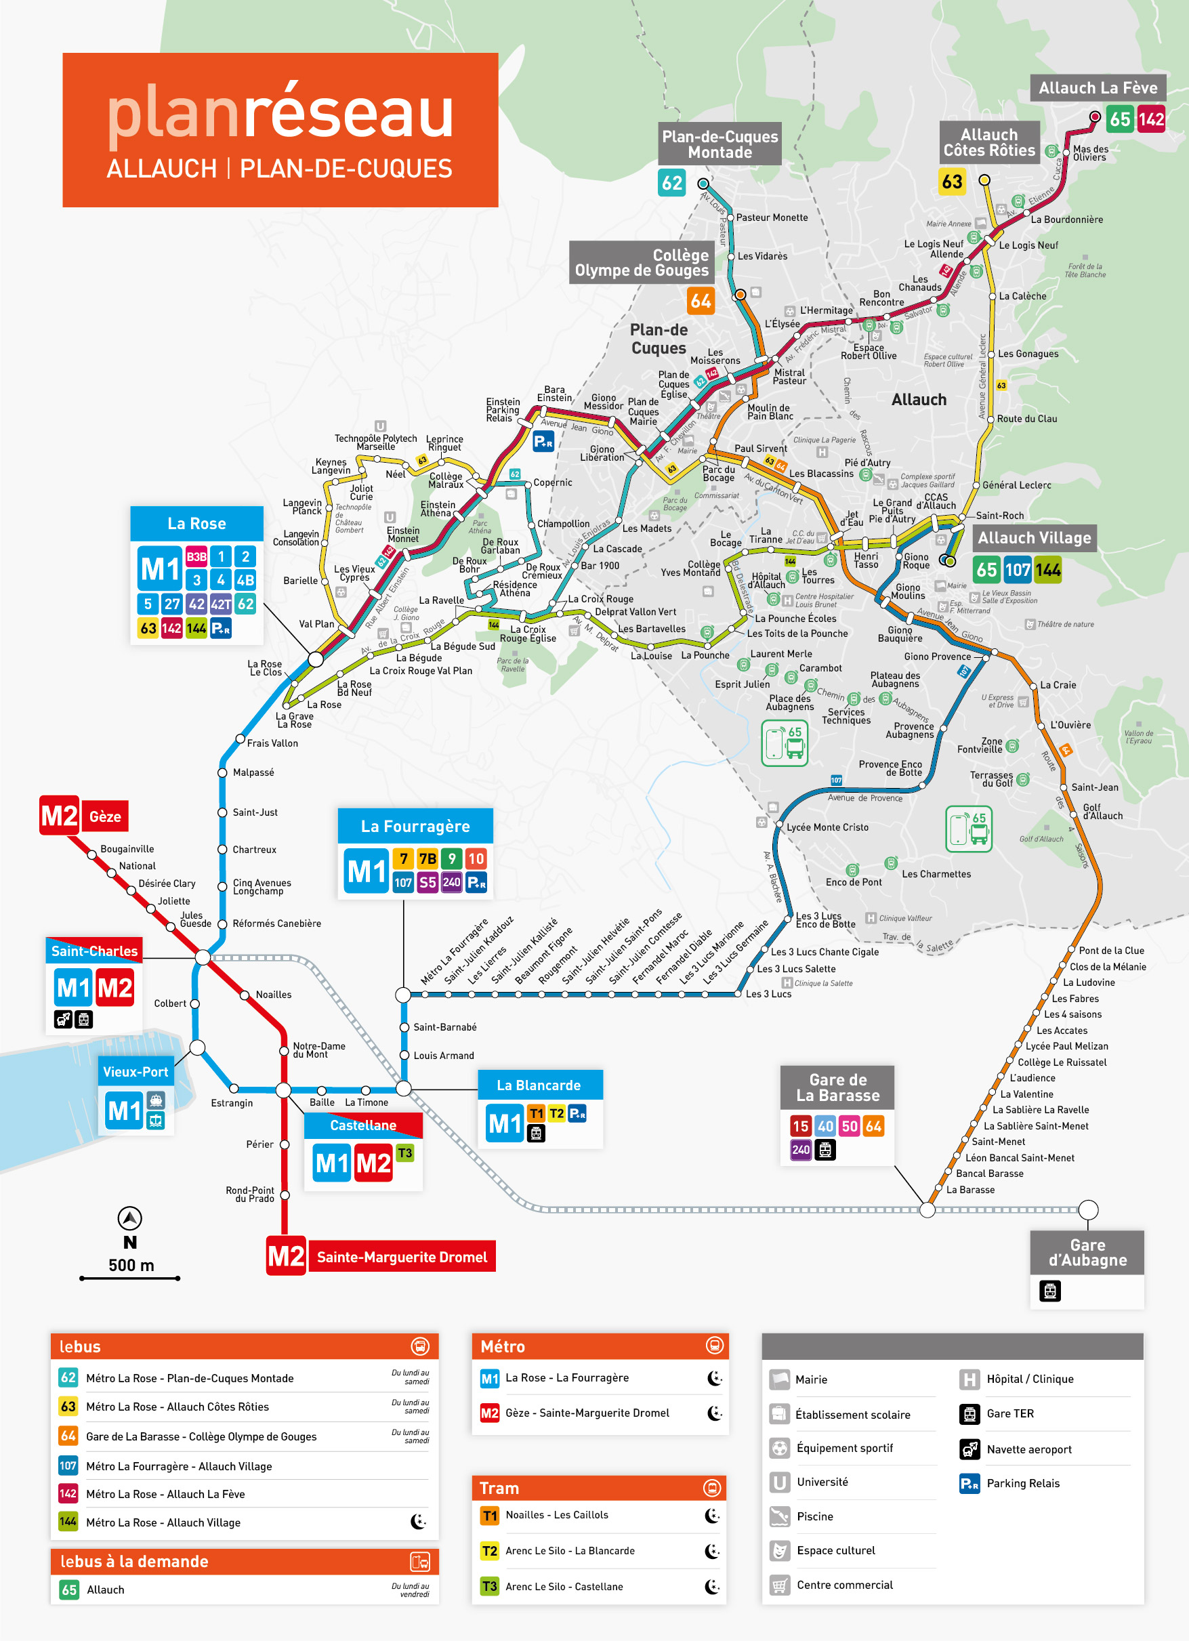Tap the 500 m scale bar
129,1279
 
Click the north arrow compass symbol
129,1218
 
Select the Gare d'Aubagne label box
1087,1253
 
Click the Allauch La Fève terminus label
1097,88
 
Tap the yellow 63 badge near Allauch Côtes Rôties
952,181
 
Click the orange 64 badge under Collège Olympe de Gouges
700,301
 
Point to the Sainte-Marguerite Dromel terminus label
402,1257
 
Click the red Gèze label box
105,817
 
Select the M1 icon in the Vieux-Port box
124,1110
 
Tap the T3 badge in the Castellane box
404,1152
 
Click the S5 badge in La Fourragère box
427,882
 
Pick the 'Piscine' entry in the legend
814,1516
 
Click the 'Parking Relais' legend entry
1022,1483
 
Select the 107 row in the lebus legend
179,1466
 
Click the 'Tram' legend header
499,1488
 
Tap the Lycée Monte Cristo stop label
827,827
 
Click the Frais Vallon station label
272,743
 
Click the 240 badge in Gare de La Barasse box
800,1149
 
